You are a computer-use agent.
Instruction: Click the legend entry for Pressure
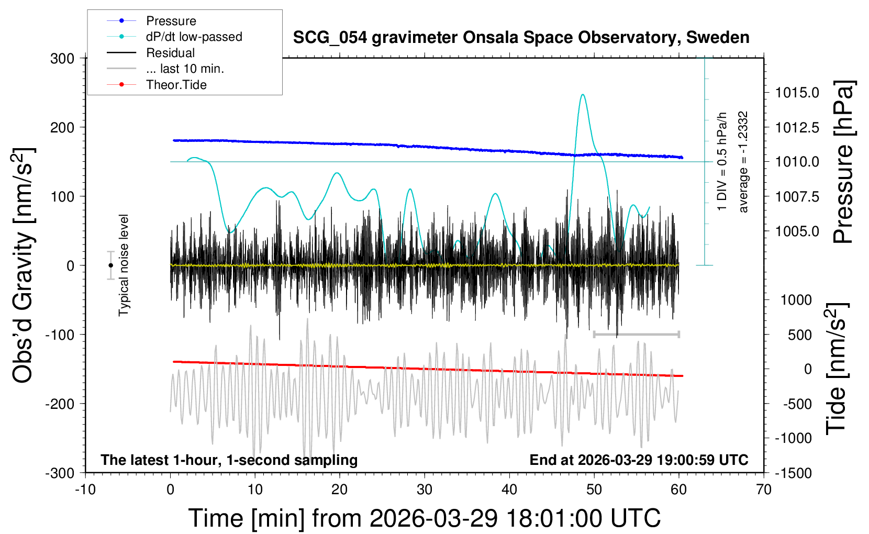171,21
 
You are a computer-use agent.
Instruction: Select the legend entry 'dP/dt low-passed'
194,37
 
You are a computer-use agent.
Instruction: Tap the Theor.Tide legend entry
176,85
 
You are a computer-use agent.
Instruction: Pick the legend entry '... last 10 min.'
185,69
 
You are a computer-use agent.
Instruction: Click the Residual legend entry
170,53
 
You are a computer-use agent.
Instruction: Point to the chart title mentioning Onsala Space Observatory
521,38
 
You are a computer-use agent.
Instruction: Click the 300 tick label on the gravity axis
62,59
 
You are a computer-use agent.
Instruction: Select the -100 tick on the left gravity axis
60,335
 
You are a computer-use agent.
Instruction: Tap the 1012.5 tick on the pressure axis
797,127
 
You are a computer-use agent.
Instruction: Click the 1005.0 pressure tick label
797,231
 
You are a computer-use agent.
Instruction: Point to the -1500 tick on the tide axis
793,473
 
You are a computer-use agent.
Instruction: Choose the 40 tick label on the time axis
509,490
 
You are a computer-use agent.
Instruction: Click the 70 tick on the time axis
764,490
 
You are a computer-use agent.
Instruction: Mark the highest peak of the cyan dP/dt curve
583,95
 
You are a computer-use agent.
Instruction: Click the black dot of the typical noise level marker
110,265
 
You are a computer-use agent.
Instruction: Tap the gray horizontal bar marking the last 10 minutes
636,334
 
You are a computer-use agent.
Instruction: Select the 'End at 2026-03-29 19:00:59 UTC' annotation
639,460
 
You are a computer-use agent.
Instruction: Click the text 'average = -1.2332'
743,162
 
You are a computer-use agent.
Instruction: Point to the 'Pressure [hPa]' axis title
843,162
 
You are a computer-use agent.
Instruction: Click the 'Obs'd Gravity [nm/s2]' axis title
24,265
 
